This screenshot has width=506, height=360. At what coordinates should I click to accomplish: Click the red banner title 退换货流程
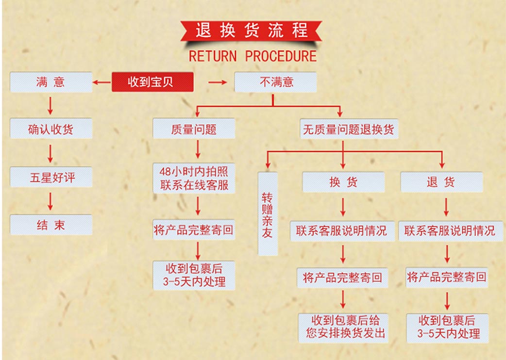(251, 31)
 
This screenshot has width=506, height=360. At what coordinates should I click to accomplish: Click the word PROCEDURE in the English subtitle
(281, 56)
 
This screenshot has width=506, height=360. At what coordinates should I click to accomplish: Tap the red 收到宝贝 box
(152, 82)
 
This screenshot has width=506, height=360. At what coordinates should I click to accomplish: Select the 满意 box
(51, 82)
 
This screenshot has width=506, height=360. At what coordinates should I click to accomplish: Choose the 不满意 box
(275, 82)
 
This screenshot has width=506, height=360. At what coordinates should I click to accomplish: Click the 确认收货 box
(51, 129)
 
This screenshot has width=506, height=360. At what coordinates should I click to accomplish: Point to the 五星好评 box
(51, 177)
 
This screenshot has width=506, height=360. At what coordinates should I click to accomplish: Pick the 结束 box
(51, 225)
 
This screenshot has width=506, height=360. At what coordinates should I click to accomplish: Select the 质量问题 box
(194, 129)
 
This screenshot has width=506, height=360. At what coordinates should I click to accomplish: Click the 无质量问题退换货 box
(349, 130)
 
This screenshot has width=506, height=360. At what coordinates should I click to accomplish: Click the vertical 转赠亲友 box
(268, 214)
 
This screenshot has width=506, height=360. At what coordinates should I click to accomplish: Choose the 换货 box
(343, 182)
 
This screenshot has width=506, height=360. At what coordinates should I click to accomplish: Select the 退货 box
(441, 182)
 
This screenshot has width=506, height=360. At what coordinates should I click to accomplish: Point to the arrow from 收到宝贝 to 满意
(102, 82)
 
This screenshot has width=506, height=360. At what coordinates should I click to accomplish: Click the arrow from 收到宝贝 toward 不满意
(218, 82)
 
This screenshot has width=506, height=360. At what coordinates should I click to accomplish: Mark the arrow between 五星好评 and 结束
(50, 201)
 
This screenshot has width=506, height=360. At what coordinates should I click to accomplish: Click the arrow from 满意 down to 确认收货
(50, 105)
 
